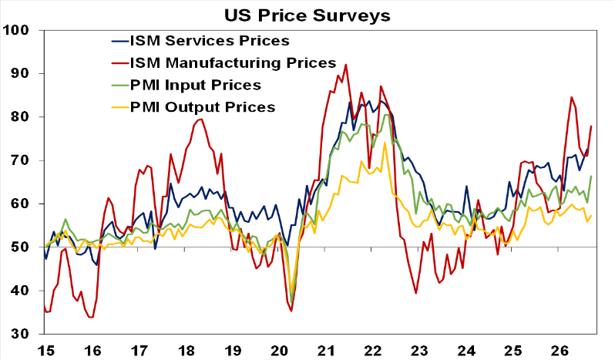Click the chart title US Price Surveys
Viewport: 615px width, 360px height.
coord(307,15)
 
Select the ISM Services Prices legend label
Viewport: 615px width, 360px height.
coord(210,40)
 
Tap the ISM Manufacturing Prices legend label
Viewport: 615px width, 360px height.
coord(234,62)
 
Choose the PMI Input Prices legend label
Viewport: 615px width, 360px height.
coord(196,85)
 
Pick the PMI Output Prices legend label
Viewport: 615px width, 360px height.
coord(203,107)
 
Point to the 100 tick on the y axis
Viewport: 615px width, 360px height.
coord(15,30)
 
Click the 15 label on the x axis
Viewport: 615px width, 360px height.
coord(46,350)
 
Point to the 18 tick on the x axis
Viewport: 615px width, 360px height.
coord(186,350)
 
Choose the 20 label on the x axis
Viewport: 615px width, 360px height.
coord(279,350)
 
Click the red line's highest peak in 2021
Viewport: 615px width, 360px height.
coord(345,65)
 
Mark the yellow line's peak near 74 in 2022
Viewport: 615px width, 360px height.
coord(385,143)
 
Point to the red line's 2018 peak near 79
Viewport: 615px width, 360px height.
coord(201,119)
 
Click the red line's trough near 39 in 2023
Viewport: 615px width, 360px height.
coord(415,294)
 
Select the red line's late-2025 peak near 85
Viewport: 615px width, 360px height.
coord(572,97)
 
